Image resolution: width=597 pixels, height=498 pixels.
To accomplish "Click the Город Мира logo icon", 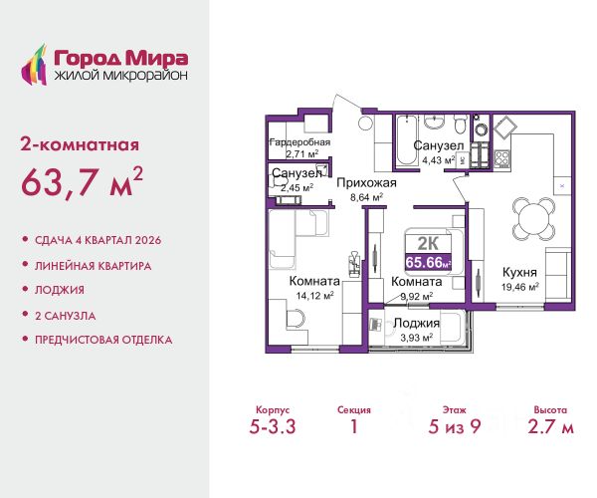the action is coord(34,65).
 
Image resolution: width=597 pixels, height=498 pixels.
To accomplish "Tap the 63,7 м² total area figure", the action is coord(82,182).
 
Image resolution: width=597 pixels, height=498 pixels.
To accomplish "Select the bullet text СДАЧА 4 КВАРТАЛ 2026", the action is coord(98,240).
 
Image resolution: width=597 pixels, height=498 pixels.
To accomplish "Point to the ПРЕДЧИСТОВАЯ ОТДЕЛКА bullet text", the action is coord(103,340).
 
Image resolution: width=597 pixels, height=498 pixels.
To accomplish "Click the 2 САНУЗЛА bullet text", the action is coord(66,316).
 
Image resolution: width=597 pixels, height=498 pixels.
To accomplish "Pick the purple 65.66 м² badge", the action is coord(428,262).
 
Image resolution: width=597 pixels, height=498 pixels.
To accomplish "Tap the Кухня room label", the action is coord(519,273).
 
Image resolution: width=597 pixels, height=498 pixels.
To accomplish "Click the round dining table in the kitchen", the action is coord(533,219).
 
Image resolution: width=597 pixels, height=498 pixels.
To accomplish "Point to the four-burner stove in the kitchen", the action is coord(502,159).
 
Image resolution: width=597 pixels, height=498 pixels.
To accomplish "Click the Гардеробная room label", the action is coord(300,142).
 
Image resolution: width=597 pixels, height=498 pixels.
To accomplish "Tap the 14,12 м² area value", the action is coord(315,296).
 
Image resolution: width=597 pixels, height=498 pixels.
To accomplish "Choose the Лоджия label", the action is coord(417,323).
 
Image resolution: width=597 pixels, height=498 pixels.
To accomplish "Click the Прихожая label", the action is coord(366,183).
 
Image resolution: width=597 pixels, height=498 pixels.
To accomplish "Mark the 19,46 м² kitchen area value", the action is coord(520,287).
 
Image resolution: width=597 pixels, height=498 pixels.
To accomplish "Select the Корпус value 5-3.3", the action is coord(273,426).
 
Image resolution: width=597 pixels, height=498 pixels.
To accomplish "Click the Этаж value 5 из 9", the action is coord(455,426).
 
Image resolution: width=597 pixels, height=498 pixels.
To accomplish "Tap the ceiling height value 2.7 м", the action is coord(550,426).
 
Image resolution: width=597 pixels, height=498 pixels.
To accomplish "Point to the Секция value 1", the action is coord(354,426).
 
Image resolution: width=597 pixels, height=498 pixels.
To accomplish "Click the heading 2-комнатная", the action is coord(80,145).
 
